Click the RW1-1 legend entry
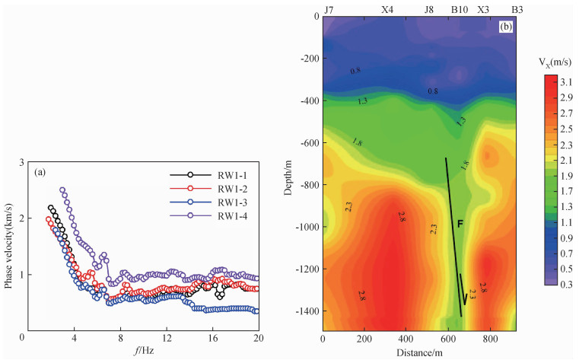233,174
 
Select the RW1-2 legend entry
233,187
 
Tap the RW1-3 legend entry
233,202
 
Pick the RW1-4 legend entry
233,216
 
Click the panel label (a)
43,172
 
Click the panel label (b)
505,28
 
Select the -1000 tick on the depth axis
304,227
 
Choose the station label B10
459,10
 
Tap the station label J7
329,10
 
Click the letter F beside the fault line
460,224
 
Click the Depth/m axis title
290,174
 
